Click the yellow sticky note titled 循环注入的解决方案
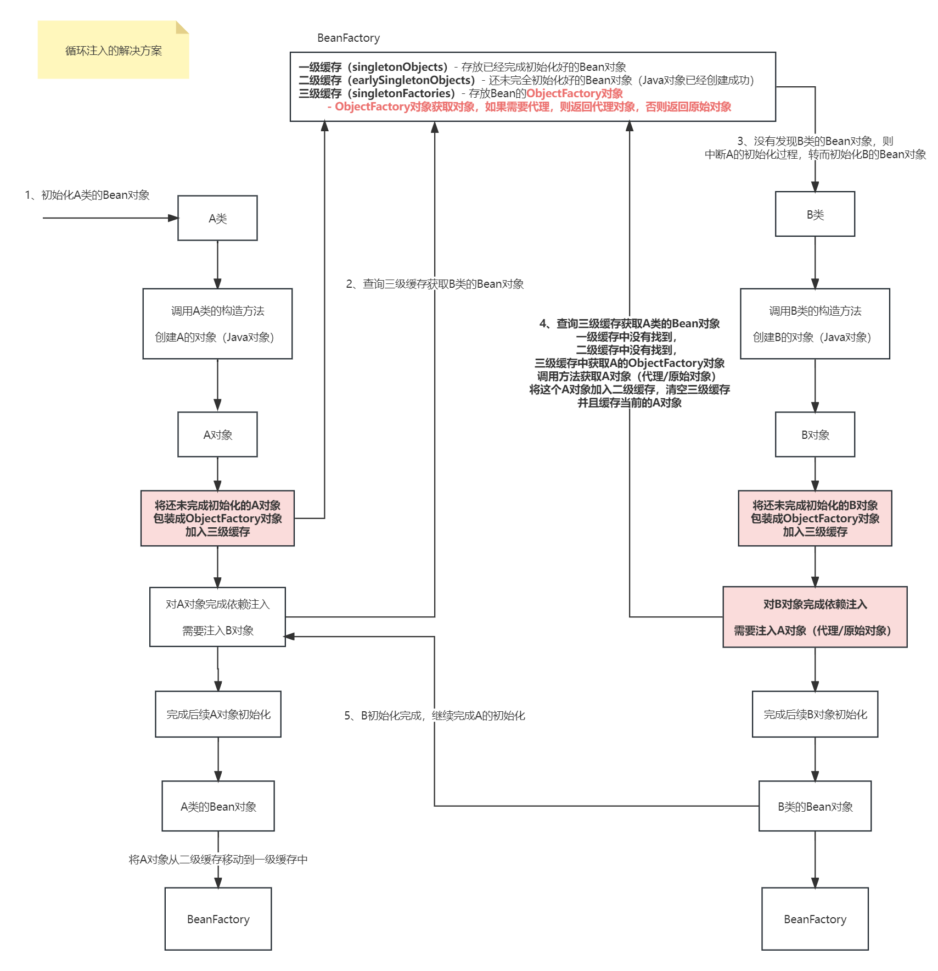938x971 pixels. pyautogui.click(x=113, y=50)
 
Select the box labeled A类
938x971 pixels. pyautogui.click(x=217, y=218)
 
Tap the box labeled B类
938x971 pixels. pyautogui.click(x=815, y=214)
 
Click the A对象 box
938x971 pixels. pyautogui.click(x=217, y=434)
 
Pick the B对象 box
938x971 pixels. pyautogui.click(x=815, y=434)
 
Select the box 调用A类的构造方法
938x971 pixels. pyautogui.click(x=217, y=324)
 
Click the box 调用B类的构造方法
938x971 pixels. pyautogui.click(x=815, y=324)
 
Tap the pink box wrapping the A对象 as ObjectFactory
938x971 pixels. pyautogui.click(x=217, y=518)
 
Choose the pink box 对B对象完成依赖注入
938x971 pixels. pyautogui.click(x=815, y=617)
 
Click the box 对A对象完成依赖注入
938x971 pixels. pyautogui.click(x=217, y=617)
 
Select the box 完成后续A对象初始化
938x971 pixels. pyautogui.click(x=218, y=715)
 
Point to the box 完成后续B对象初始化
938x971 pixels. pyautogui.click(x=815, y=715)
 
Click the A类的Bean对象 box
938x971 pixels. pyautogui.click(x=218, y=806)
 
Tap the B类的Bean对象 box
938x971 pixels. pyautogui.click(x=815, y=806)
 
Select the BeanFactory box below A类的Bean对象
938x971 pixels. pyautogui.click(x=218, y=919)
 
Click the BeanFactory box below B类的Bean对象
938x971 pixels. pyautogui.click(x=815, y=919)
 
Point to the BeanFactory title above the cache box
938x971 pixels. pyautogui.click(x=349, y=38)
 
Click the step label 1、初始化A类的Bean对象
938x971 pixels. pyautogui.click(x=87, y=195)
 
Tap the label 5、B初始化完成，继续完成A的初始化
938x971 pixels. pyautogui.click(x=435, y=716)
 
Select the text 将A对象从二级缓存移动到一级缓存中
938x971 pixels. pyautogui.click(x=218, y=860)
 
